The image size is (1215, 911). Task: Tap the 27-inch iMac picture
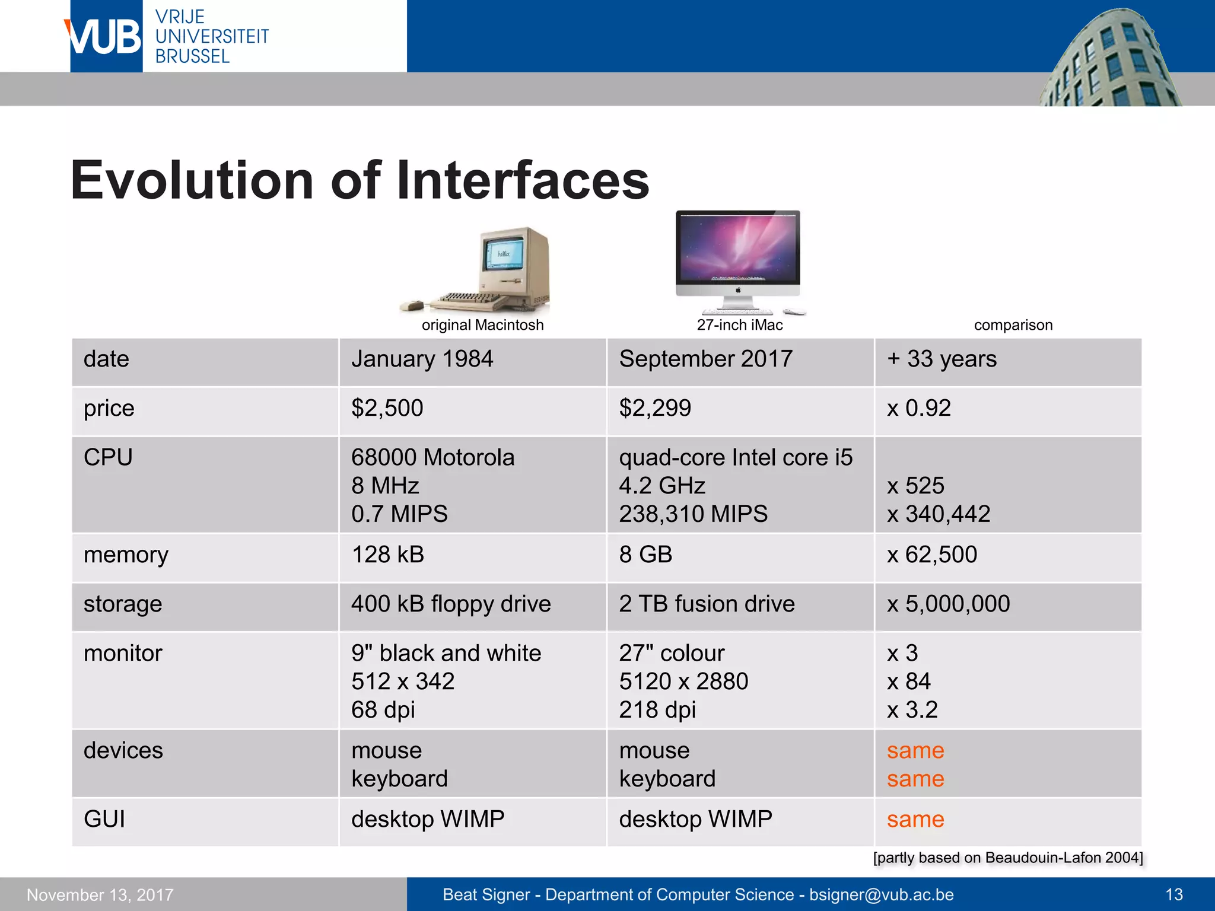[738, 261]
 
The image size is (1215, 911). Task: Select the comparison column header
[1013, 325]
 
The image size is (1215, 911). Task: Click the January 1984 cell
[422, 359]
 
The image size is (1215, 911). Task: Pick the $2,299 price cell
[655, 409]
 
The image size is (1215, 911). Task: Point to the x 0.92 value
[918, 409]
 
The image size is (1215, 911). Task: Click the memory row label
[126, 555]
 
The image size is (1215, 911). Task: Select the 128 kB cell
[387, 555]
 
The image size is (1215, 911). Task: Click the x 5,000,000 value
[948, 604]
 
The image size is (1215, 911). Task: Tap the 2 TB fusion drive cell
[707, 604]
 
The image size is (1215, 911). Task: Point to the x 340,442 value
[939, 514]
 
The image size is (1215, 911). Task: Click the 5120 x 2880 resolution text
[683, 681]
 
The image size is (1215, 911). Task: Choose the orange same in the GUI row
[915, 820]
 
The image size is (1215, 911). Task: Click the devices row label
[123, 751]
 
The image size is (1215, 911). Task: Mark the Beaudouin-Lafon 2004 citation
[1007, 858]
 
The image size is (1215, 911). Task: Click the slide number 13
[1173, 894]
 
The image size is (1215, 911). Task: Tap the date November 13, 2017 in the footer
[100, 895]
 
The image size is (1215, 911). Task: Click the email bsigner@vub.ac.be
[881, 894]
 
